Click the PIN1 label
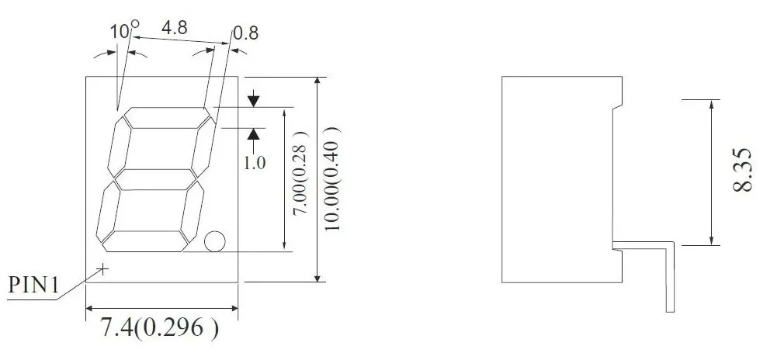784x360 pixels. coord(33,286)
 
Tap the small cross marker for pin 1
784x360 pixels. coord(102,268)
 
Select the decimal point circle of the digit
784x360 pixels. coord(215,241)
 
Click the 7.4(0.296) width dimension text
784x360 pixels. coord(159,328)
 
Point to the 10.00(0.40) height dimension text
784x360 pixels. coord(332,179)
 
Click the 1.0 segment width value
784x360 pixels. coord(254,163)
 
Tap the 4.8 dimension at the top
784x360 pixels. coord(174,28)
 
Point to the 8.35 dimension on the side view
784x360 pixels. coord(743,171)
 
